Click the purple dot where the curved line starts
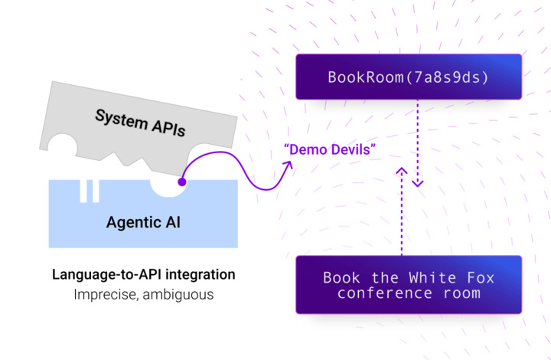click(x=182, y=182)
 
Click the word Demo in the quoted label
click(x=305, y=150)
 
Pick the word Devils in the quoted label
click(x=350, y=150)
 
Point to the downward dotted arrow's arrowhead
click(x=417, y=184)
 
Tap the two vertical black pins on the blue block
click(x=89, y=189)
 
